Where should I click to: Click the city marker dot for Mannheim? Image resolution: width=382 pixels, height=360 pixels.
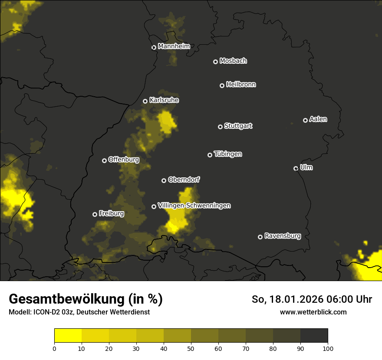pyautogui.click(x=154, y=48)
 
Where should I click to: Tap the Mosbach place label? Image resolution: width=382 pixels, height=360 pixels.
pyautogui.click(x=233, y=61)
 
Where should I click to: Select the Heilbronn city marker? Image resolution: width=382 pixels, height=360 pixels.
pyautogui.click(x=222, y=85)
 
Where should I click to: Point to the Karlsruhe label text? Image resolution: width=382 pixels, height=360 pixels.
pyautogui.click(x=164, y=100)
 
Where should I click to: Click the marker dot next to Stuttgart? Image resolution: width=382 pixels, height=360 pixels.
pyautogui.click(x=220, y=127)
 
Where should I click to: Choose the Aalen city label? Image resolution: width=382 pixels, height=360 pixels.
pyautogui.click(x=318, y=119)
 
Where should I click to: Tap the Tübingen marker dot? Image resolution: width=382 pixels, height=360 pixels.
pyautogui.click(x=210, y=155)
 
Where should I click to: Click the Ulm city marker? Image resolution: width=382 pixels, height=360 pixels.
pyautogui.click(x=296, y=168)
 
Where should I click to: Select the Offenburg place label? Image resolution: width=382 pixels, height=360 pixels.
pyautogui.click(x=124, y=160)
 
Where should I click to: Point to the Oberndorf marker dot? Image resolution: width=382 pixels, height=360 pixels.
pyautogui.click(x=164, y=180)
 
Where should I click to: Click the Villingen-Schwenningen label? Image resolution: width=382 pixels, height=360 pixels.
pyautogui.click(x=194, y=206)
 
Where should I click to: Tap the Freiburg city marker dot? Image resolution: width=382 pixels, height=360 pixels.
pyautogui.click(x=95, y=214)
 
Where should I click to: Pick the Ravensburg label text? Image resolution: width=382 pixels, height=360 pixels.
pyautogui.click(x=283, y=236)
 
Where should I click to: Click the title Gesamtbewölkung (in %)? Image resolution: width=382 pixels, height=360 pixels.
pyautogui.click(x=86, y=299)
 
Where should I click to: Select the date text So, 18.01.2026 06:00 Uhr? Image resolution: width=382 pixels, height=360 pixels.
pyautogui.click(x=312, y=299)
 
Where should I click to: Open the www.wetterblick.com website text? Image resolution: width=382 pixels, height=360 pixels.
pyautogui.click(x=313, y=312)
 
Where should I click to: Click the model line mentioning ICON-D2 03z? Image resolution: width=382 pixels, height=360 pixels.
pyautogui.click(x=79, y=312)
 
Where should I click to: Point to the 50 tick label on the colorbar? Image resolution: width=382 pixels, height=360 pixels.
pyautogui.click(x=191, y=348)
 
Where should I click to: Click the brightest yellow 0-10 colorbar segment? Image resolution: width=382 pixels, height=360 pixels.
pyautogui.click(x=68, y=336)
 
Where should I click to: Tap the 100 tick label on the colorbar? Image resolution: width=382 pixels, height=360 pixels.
pyautogui.click(x=328, y=348)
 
